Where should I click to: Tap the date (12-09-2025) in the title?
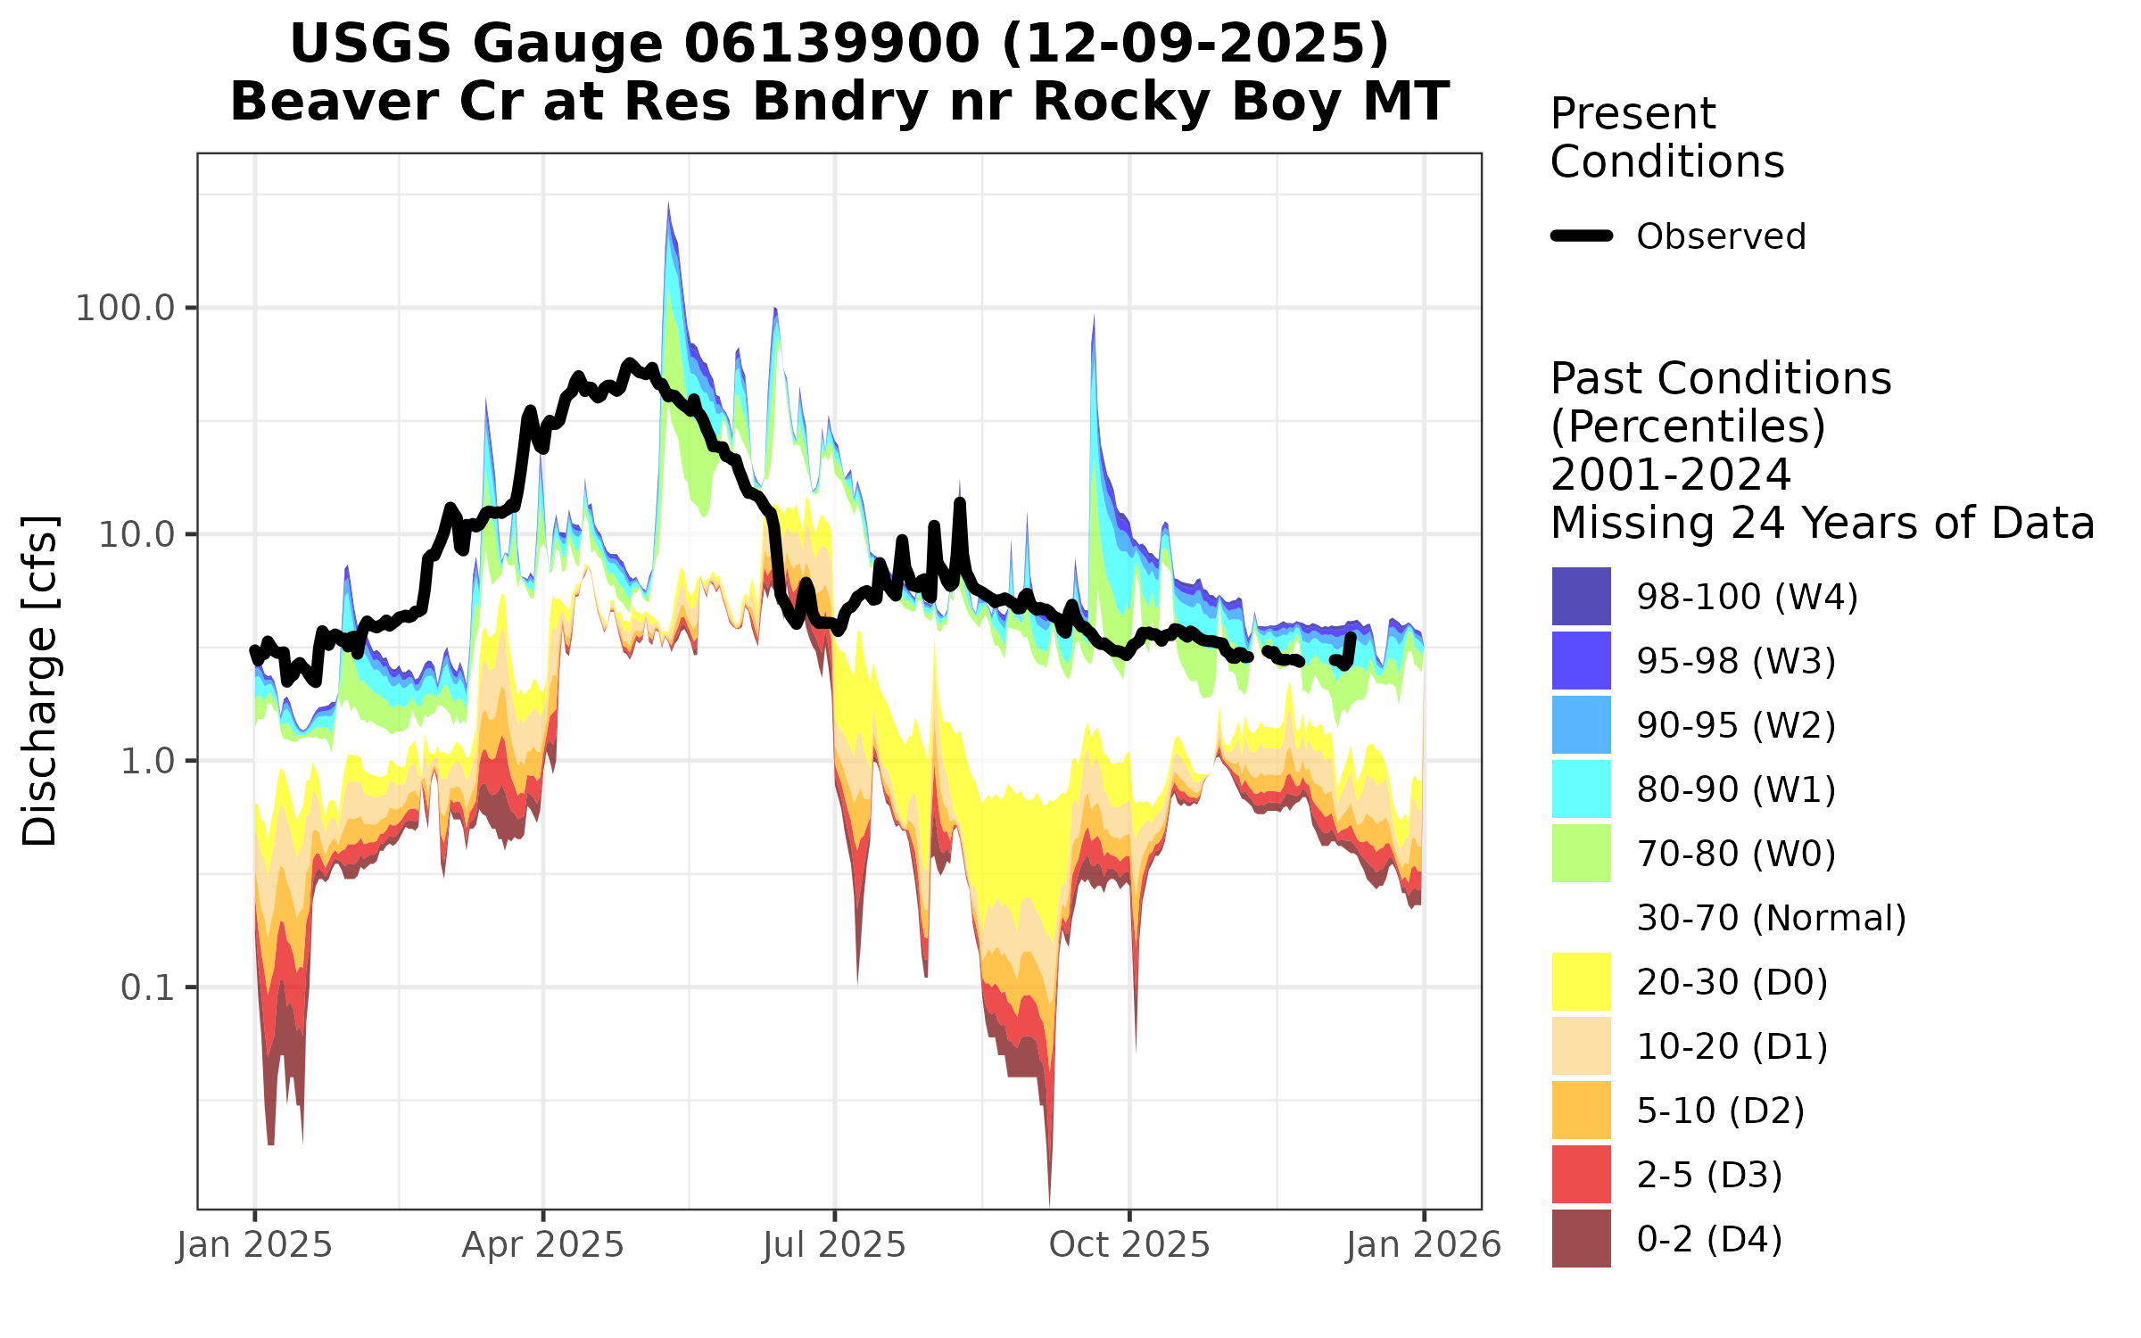coord(1195,44)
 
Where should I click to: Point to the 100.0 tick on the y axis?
coord(125,309)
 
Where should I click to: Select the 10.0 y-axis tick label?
coord(136,535)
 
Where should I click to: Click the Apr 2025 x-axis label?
coord(542,1245)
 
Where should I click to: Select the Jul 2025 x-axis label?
coord(834,1245)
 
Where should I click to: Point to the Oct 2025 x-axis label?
coord(1129,1245)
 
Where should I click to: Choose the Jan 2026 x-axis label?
coord(1424,1245)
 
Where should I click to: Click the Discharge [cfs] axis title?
coord(39,680)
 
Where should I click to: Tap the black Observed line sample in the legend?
coord(1582,236)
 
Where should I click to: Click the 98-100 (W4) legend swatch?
coord(1581,596)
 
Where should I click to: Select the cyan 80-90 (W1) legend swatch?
coord(1581,789)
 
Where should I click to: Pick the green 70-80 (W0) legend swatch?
coord(1581,853)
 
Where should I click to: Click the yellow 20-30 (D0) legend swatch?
coord(1581,981)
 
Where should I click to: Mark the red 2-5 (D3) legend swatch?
coord(1581,1174)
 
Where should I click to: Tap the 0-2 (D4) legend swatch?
coord(1581,1238)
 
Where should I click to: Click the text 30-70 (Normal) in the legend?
coord(1771,918)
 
